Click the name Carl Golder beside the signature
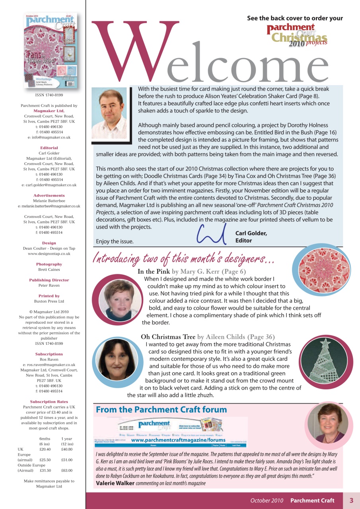coord(251,234)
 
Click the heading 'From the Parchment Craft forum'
coord(161,410)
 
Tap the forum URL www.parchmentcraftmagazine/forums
coord(178,440)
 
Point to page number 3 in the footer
coord(351,501)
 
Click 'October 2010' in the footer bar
coord(267,501)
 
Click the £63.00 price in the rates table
coord(66,470)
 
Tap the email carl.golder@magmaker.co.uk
coord(49,185)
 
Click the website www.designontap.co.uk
coord(49,253)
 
